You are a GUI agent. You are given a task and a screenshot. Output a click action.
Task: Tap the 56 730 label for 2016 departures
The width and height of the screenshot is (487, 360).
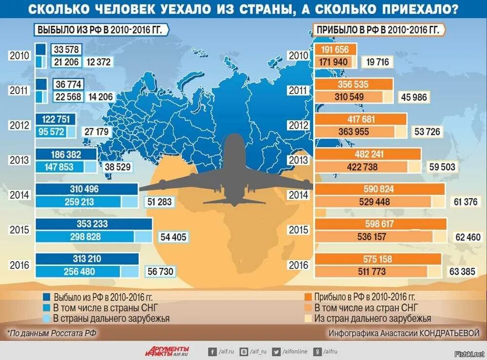pos(160,271)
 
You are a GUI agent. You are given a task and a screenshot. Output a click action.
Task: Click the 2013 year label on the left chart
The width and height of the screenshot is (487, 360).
pos(19,160)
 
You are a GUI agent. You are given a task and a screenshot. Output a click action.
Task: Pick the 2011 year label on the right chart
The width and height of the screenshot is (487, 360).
pos(299,91)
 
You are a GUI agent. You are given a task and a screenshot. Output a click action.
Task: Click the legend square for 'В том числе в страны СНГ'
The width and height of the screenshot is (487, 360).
pos(46,307)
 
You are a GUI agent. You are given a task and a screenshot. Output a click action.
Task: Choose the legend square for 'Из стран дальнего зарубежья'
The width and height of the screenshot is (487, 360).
pos(308,319)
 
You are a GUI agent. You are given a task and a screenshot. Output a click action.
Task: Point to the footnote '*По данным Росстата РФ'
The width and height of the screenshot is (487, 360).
pos(52,333)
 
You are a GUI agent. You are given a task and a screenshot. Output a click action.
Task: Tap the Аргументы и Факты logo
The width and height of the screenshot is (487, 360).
pos(167,351)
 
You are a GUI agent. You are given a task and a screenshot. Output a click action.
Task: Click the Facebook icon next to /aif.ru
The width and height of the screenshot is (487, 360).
pos(212,351)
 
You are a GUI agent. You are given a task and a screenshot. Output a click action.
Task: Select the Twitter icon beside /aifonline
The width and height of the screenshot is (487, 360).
pos(276,351)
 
